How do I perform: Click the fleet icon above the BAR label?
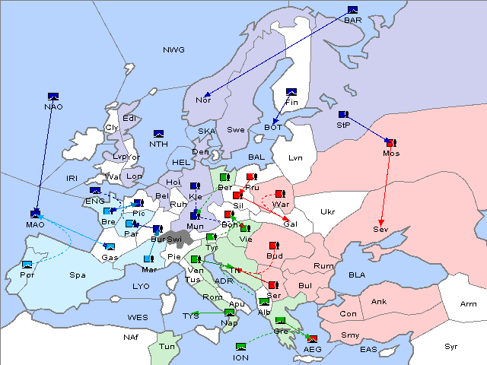point(352,10)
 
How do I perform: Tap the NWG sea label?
point(173,50)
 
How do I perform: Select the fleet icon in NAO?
point(53,96)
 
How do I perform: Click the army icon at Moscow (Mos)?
point(391,142)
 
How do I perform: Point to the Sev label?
point(380,229)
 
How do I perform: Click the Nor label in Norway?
point(203,100)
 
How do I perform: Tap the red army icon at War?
point(280,194)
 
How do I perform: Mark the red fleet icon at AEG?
point(313,338)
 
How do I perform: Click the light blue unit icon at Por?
point(28,265)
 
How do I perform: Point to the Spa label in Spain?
point(77,275)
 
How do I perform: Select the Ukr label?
point(327,212)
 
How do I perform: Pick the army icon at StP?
point(344,115)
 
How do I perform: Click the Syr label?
point(451,346)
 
